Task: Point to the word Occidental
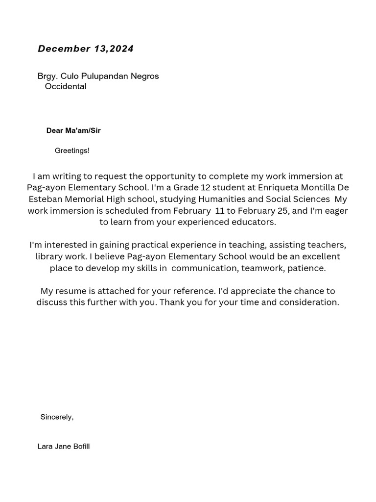[66, 87]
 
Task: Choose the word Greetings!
[72, 151]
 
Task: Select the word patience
[306, 268]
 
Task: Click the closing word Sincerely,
[57, 417]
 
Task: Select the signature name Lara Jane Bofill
[64, 447]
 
